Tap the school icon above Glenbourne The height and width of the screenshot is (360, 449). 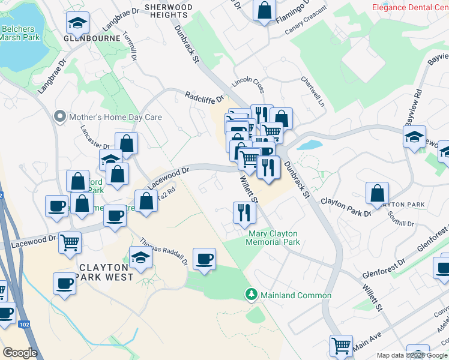77,23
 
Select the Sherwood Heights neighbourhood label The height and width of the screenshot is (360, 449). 169,11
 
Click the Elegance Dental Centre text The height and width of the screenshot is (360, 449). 410,8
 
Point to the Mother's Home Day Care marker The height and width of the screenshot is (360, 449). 59,117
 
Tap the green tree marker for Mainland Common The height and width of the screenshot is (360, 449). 252,295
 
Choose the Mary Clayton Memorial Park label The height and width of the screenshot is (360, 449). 273,238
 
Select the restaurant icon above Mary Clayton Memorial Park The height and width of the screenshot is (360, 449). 244,211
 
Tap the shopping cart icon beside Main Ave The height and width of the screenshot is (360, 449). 341,346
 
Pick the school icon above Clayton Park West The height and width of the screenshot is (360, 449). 141,257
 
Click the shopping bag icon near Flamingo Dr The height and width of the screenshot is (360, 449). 264,10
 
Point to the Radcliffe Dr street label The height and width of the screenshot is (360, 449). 204,96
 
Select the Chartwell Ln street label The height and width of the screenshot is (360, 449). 313,88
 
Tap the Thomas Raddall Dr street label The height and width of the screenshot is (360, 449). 164,251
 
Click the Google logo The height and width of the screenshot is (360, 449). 20,353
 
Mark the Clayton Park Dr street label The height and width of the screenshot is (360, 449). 344,206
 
